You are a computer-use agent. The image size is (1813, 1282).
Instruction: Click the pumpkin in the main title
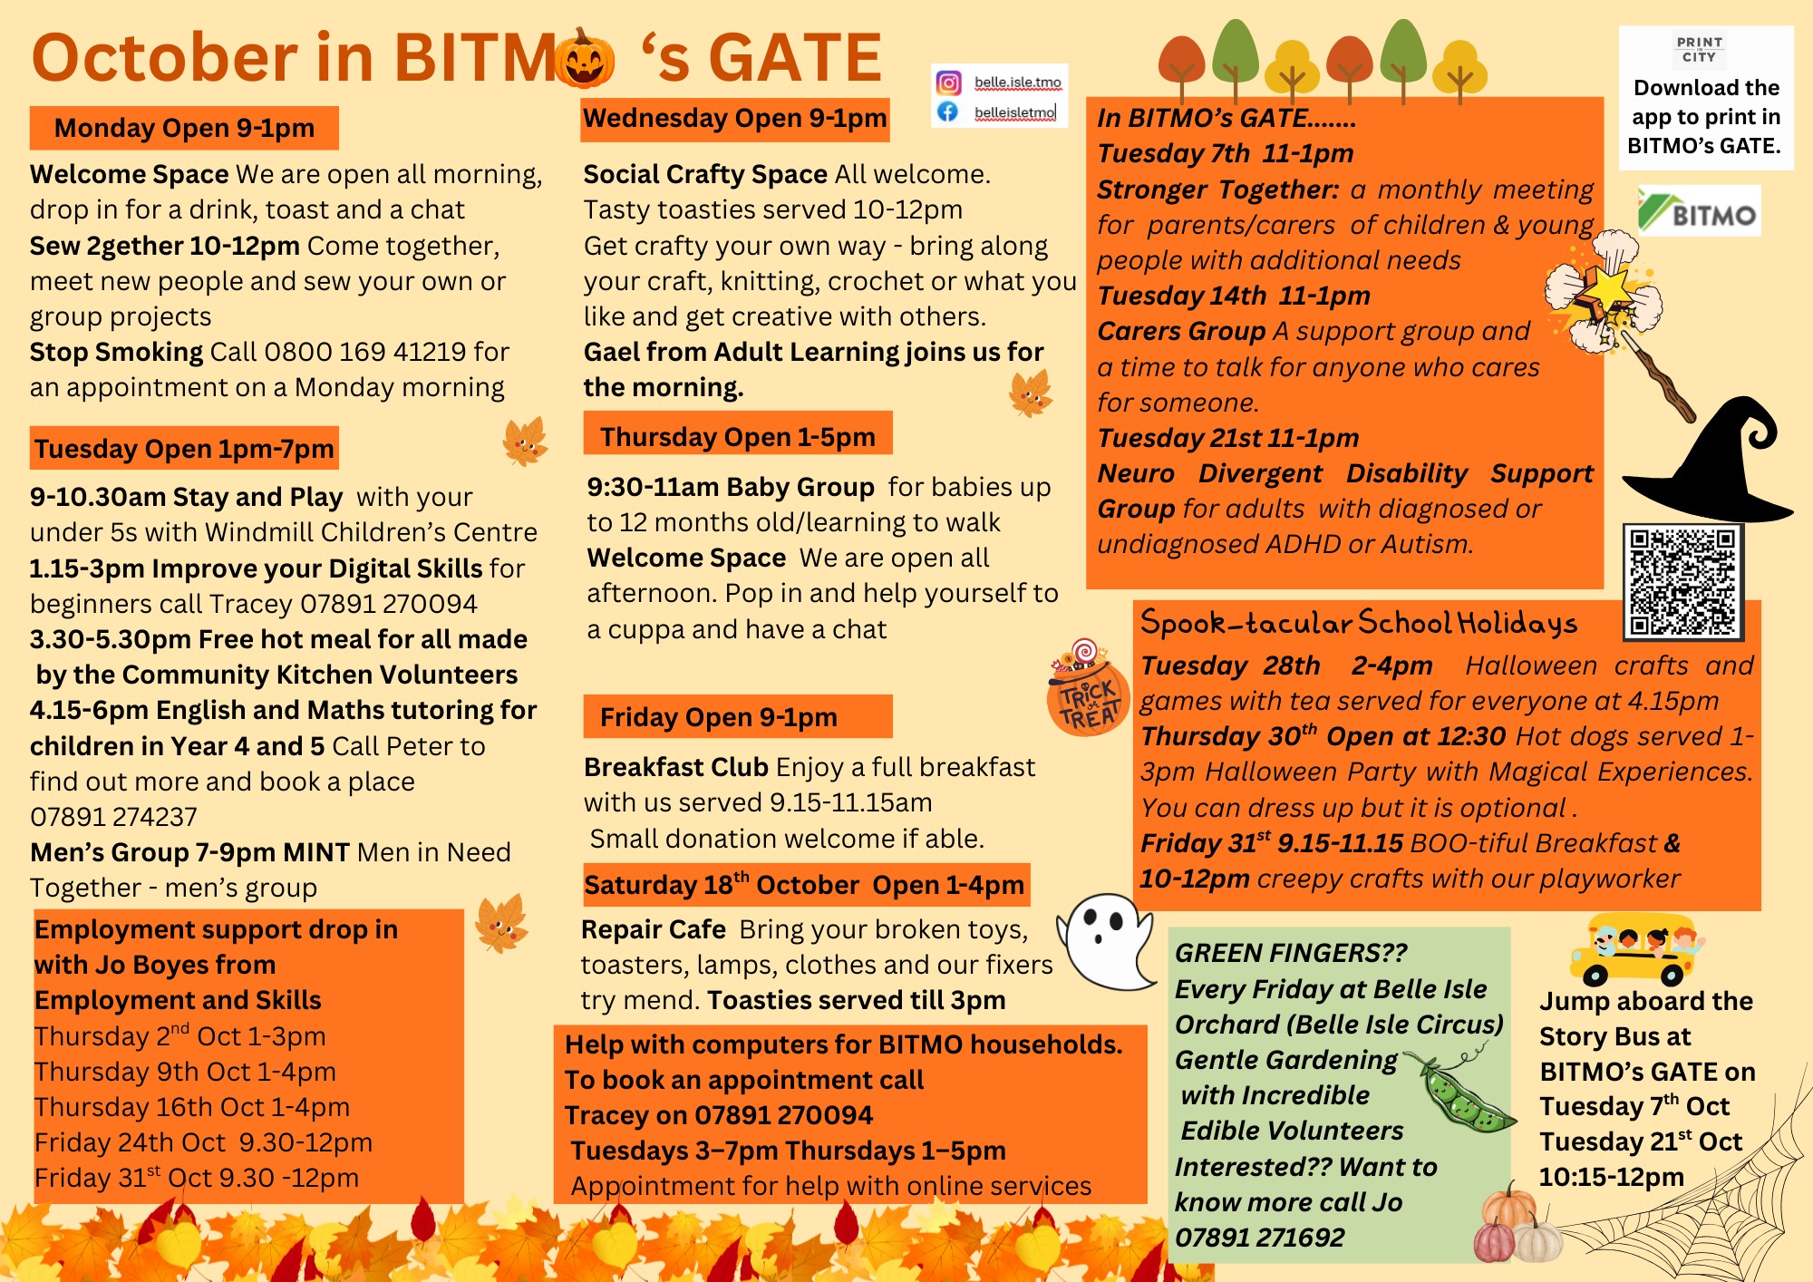(x=585, y=57)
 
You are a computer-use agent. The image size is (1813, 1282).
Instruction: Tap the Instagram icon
(x=948, y=83)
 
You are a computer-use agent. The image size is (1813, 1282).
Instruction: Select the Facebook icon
(x=948, y=112)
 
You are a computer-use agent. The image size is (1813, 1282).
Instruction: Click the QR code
(x=1682, y=581)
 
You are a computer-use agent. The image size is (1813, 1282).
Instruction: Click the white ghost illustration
(x=1106, y=942)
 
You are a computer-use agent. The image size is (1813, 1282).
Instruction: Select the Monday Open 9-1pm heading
(x=184, y=128)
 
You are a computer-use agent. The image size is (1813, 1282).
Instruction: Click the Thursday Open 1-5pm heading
(x=738, y=436)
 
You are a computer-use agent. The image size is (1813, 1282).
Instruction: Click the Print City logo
(x=1699, y=50)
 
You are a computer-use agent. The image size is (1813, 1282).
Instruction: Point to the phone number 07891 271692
(x=1259, y=1238)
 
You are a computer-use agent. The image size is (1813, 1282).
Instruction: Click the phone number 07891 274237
(x=113, y=817)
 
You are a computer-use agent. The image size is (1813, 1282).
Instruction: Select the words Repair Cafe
(x=654, y=929)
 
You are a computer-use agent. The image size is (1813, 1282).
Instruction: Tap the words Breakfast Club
(x=676, y=767)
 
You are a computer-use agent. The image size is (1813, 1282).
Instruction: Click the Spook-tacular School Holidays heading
(x=1358, y=623)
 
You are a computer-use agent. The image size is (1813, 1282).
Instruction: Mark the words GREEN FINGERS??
(x=1291, y=953)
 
